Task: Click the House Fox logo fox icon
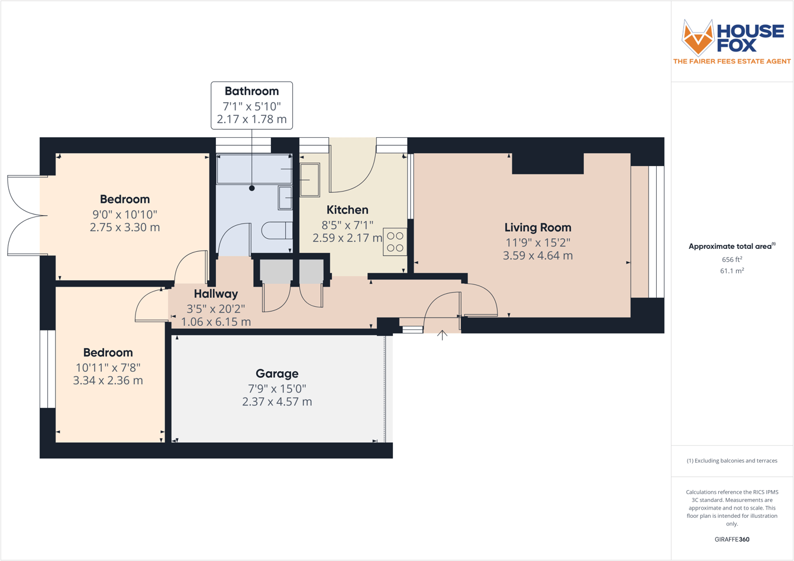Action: [x=698, y=37]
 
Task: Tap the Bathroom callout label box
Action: [x=251, y=105]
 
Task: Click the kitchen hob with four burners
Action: [x=395, y=242]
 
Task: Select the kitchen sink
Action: [x=309, y=180]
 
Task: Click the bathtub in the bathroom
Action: [x=254, y=169]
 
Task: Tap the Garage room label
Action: [x=277, y=374]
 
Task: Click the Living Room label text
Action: [x=537, y=228]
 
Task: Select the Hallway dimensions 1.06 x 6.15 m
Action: [x=216, y=322]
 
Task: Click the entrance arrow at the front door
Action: [x=442, y=335]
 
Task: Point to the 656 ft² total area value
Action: [x=731, y=260]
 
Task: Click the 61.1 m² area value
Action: [x=731, y=271]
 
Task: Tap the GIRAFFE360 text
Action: [x=732, y=539]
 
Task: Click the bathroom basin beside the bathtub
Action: [x=285, y=197]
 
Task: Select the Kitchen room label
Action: [x=347, y=210]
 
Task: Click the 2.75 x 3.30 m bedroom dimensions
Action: [x=125, y=228]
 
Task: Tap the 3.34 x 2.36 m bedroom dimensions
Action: [x=108, y=381]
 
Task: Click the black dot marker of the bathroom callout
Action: [x=251, y=189]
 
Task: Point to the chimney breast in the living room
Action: [x=547, y=163]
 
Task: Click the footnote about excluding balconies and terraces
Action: [x=732, y=461]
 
